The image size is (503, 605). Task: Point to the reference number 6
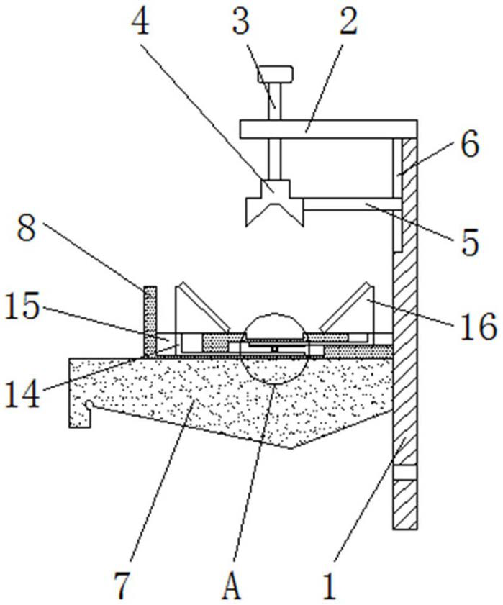(x=470, y=144)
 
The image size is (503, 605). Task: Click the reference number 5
(x=470, y=242)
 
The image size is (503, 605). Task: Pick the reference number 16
(x=478, y=327)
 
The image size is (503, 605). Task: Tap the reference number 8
(x=27, y=229)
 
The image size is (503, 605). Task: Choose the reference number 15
(x=23, y=305)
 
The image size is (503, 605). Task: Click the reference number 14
(x=23, y=394)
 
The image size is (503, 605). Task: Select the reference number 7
(x=123, y=586)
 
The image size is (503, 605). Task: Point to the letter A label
(x=232, y=586)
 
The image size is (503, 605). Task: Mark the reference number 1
(x=330, y=586)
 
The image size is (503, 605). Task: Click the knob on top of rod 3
(x=275, y=74)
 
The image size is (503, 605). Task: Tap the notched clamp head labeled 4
(x=275, y=203)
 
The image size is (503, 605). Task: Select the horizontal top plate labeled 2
(x=328, y=129)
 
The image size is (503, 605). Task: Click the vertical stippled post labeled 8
(x=150, y=322)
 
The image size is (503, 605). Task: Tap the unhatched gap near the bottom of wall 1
(x=405, y=473)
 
